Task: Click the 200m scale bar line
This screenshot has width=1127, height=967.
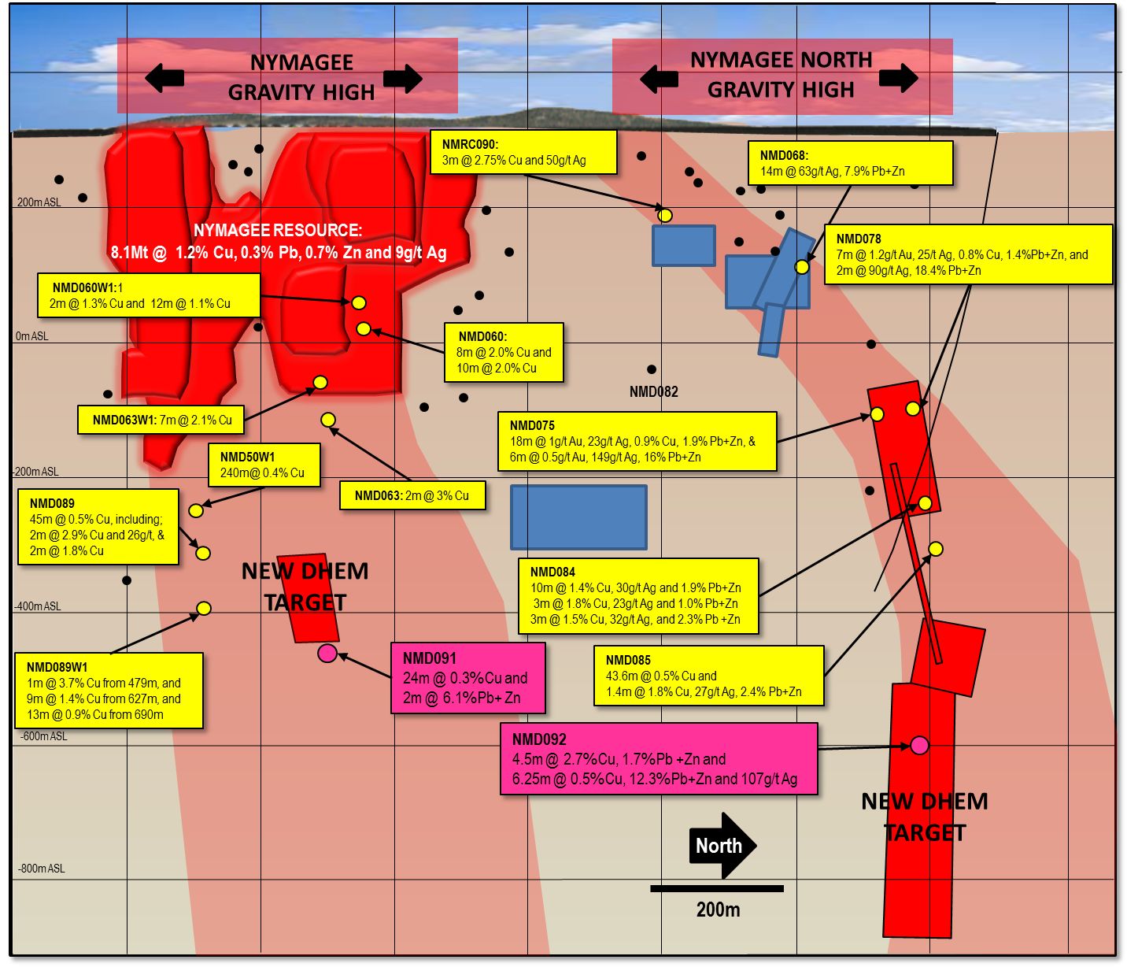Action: pos(717,888)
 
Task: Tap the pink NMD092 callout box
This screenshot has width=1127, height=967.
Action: pos(659,759)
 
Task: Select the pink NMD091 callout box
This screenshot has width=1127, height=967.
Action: pos(468,678)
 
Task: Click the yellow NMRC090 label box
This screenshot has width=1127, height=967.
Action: pos(523,152)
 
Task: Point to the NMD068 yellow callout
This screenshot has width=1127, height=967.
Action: pos(850,163)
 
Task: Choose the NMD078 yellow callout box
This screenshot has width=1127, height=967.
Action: pos(969,254)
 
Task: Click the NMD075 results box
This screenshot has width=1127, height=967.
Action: pos(637,441)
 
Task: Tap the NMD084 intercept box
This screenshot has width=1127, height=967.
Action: pos(638,596)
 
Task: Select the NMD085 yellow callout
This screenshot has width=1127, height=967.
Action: pos(708,676)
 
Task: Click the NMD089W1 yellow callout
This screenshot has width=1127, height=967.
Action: pos(109,691)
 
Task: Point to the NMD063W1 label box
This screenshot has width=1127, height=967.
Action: pos(161,420)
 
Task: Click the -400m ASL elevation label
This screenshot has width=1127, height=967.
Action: pos(37,606)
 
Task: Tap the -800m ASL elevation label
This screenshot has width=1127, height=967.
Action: pos(42,869)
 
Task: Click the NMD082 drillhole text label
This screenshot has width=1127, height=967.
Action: pos(653,391)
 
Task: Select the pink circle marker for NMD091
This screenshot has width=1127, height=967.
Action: pos(327,653)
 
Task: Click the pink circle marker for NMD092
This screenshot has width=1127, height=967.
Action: pos(919,745)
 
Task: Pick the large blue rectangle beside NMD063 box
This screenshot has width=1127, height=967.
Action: pos(578,517)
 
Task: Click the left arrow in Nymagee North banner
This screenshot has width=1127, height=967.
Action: pos(659,79)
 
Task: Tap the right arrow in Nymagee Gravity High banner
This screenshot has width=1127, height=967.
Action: pos(403,78)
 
